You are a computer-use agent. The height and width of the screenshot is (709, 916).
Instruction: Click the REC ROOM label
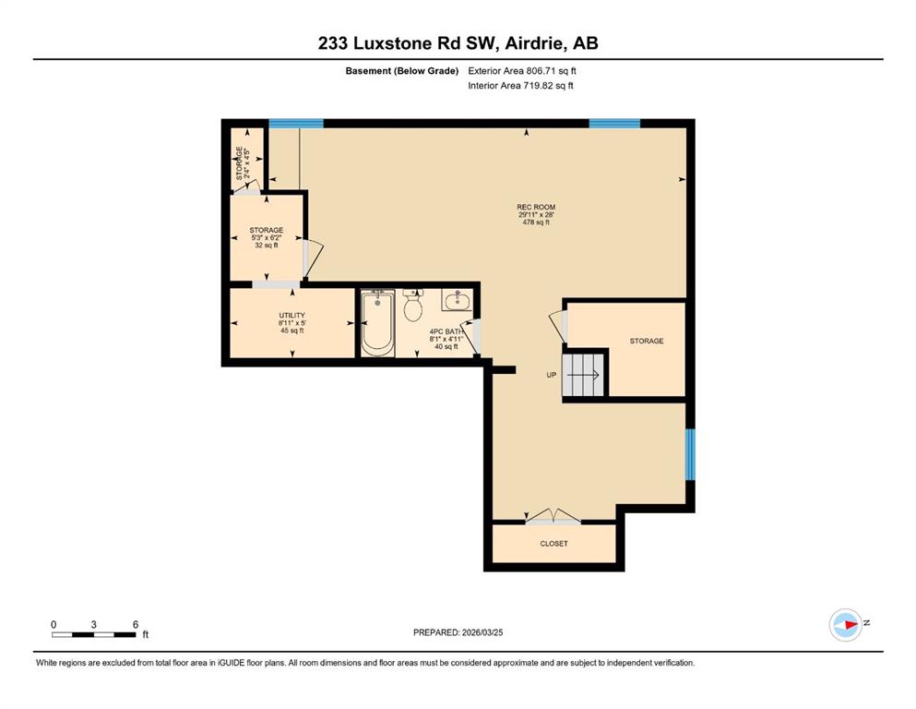536,207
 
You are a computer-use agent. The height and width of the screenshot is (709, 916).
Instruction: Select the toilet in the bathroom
413,305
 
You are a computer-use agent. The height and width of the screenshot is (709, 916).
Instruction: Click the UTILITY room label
292,315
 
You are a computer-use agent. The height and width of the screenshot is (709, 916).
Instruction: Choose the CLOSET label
553,544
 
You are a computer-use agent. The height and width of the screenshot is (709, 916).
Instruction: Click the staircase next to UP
583,375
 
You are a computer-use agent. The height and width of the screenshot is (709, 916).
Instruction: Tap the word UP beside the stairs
552,375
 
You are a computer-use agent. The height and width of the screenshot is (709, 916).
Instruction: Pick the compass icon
846,624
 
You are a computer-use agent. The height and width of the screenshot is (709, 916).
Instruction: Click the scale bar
94,634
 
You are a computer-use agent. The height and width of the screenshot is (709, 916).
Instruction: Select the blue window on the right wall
690,454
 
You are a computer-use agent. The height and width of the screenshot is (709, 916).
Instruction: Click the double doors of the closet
553,517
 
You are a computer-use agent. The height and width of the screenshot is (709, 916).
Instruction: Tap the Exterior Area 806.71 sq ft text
522,71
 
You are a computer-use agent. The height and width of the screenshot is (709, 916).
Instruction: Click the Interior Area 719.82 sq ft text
520,85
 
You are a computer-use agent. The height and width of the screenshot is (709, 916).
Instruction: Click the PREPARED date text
458,632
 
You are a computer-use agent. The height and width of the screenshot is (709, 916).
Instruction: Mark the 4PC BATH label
446,331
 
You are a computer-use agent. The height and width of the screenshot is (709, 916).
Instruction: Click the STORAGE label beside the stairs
647,341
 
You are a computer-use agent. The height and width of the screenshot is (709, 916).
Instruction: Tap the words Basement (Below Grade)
402,71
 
